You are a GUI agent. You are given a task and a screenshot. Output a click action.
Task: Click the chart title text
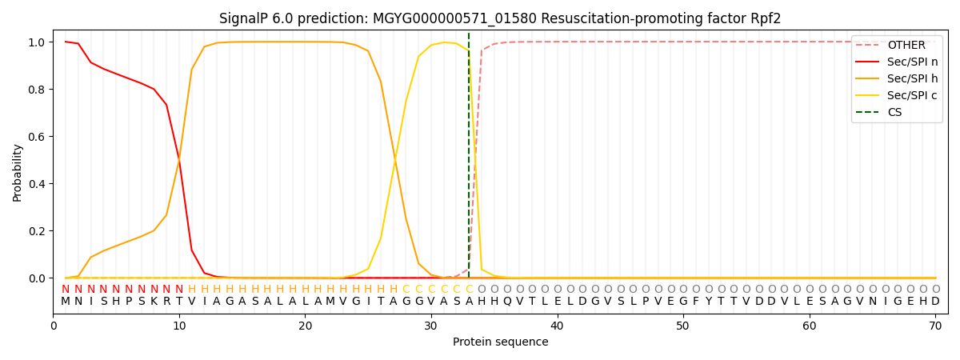(500, 18)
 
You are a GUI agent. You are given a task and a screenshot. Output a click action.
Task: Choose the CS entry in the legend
(894, 113)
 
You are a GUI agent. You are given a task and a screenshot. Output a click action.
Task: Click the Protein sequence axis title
(500, 342)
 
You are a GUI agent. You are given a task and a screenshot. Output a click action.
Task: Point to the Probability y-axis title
(18, 172)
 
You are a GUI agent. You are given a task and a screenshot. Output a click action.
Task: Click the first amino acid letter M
(66, 302)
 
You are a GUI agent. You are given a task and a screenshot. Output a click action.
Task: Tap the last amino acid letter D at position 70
(935, 302)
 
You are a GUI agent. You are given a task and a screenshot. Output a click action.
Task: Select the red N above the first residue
(66, 290)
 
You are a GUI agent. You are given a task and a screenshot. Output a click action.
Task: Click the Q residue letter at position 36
(507, 302)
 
